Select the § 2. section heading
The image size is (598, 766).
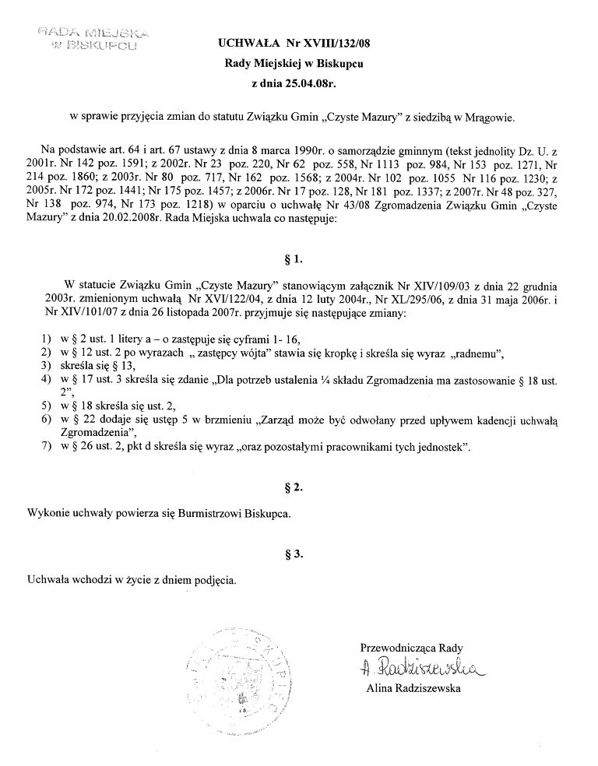pos(298,488)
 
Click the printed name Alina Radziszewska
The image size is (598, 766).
pos(413,688)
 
